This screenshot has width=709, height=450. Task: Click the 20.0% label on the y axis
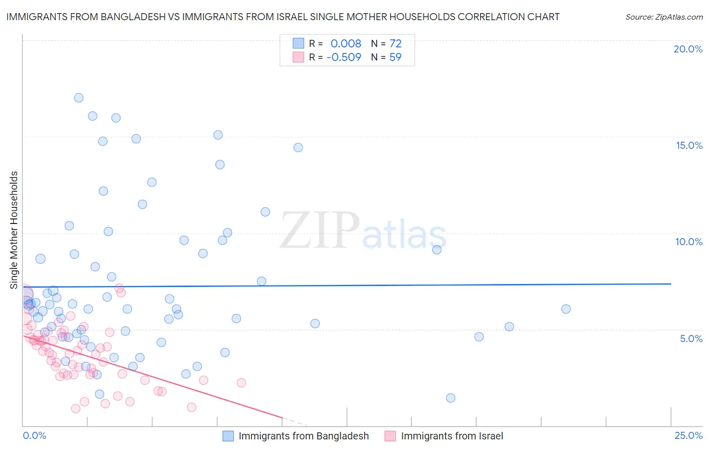(x=688, y=49)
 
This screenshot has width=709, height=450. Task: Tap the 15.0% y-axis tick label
(x=689, y=145)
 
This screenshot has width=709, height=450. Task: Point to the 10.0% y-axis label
(x=689, y=242)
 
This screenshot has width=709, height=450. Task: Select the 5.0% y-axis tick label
(x=691, y=339)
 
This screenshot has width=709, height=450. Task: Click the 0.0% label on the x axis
(x=34, y=435)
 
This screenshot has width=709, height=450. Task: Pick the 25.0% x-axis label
(x=688, y=435)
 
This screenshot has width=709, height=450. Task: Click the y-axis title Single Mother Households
(x=14, y=230)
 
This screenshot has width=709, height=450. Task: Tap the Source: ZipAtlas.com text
(x=664, y=17)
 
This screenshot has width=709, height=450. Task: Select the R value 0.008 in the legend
(x=346, y=44)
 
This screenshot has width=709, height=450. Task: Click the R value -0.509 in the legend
(x=344, y=58)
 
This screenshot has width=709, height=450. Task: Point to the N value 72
(x=395, y=44)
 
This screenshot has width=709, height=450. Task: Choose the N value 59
(x=395, y=58)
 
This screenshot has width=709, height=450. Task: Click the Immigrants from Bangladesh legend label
(x=304, y=436)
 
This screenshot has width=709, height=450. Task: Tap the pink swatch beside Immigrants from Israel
(x=390, y=436)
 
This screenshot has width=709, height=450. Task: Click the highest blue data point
(x=79, y=98)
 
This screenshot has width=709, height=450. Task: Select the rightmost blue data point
(x=566, y=309)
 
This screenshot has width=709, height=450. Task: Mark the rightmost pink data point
(x=241, y=383)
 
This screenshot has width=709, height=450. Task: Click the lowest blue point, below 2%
(x=451, y=398)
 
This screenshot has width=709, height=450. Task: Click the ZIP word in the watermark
(x=320, y=231)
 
